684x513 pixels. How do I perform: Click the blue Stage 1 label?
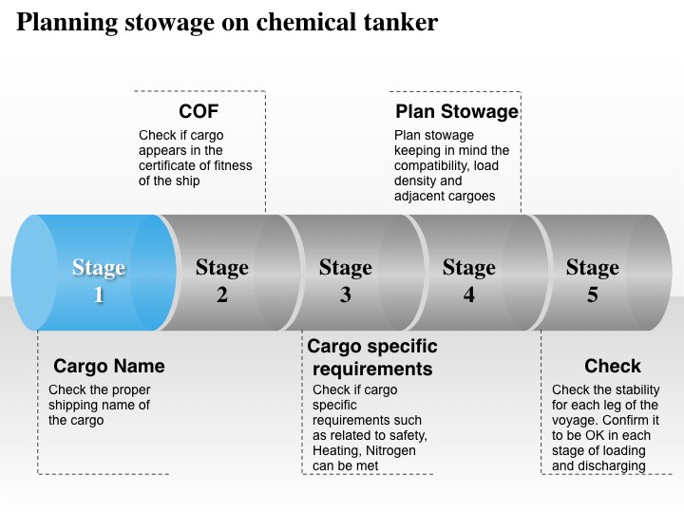pos(99,281)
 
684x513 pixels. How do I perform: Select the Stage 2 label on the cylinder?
pos(221,281)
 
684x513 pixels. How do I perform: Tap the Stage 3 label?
pos(345,281)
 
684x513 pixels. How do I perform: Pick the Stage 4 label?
pos(468,281)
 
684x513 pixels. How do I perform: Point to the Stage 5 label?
pos(592,281)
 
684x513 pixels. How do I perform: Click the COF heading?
pos(199,112)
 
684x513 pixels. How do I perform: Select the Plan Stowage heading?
pos(457,112)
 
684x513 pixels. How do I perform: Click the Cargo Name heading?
pos(109,366)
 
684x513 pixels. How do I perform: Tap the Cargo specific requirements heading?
pos(372,357)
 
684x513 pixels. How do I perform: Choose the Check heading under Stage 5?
pos(613,366)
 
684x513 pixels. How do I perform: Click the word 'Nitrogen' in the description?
pos(391,450)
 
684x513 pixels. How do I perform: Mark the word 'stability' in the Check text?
pos(629,389)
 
